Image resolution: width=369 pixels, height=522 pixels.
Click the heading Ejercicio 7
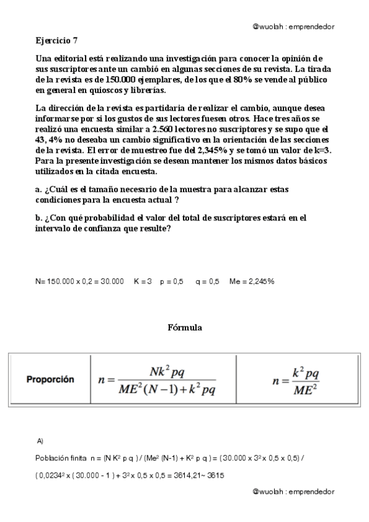(56, 41)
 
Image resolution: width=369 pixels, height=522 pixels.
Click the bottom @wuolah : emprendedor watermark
(293, 492)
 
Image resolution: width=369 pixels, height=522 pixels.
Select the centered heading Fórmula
(184, 327)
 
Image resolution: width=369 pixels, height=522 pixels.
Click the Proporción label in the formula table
(50, 379)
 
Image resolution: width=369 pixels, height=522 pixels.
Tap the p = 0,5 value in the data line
(171, 281)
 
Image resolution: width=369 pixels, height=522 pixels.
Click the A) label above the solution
(40, 441)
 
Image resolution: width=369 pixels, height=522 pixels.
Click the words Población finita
(57, 459)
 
